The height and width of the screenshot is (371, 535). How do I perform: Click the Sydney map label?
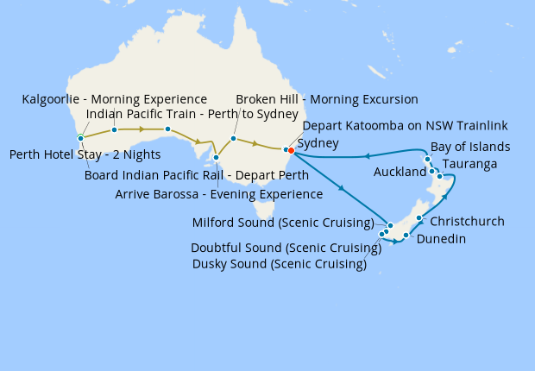pyautogui.click(x=318, y=143)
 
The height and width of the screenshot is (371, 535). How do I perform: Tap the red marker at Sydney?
pyautogui.click(x=291, y=150)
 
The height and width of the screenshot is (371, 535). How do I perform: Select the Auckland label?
pyautogui.click(x=400, y=173)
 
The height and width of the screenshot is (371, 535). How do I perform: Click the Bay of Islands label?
pyautogui.click(x=470, y=147)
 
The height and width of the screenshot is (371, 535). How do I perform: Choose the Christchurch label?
pyautogui.click(x=467, y=222)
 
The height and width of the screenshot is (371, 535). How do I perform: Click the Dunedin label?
pyautogui.click(x=441, y=240)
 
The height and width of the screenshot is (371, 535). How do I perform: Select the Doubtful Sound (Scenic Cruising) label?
pyautogui.click(x=286, y=248)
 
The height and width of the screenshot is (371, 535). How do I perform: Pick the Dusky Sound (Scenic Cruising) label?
pyautogui.click(x=280, y=264)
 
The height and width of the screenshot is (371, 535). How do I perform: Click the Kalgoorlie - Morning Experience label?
pyautogui.click(x=114, y=99)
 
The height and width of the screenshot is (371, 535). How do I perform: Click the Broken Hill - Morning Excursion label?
pyautogui.click(x=326, y=99)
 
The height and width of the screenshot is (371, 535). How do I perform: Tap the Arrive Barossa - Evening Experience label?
pyautogui.click(x=219, y=193)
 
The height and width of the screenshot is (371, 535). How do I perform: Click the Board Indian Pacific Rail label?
pyautogui.click(x=197, y=175)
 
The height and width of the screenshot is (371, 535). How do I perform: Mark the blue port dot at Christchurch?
pyautogui.click(x=419, y=218)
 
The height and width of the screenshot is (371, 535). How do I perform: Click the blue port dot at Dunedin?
pyautogui.click(x=406, y=235)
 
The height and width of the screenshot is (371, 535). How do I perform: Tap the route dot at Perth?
pyautogui.click(x=79, y=138)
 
